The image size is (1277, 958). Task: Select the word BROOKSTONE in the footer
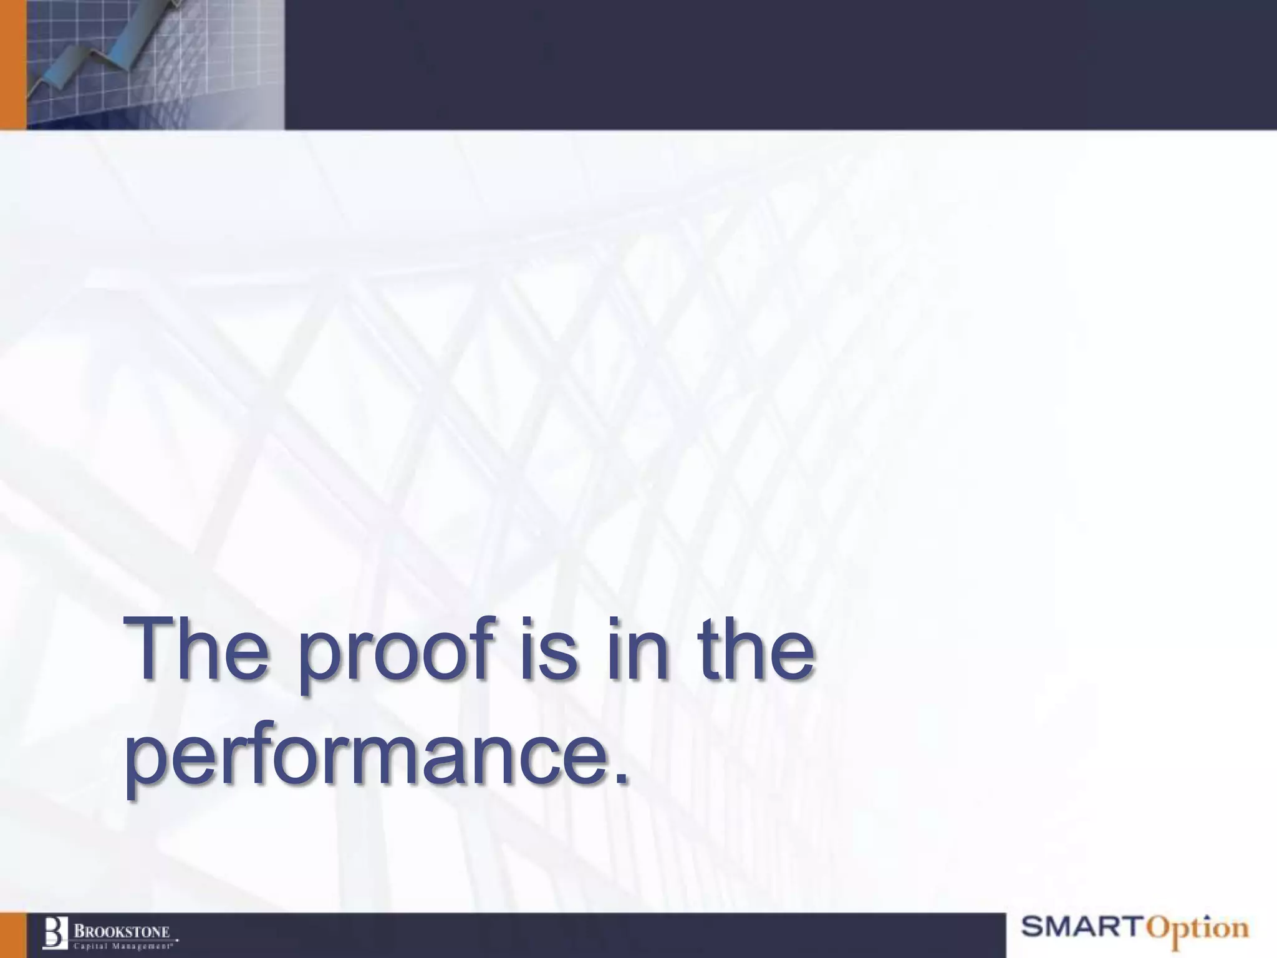(122, 931)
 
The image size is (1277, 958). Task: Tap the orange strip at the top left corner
(12, 62)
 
